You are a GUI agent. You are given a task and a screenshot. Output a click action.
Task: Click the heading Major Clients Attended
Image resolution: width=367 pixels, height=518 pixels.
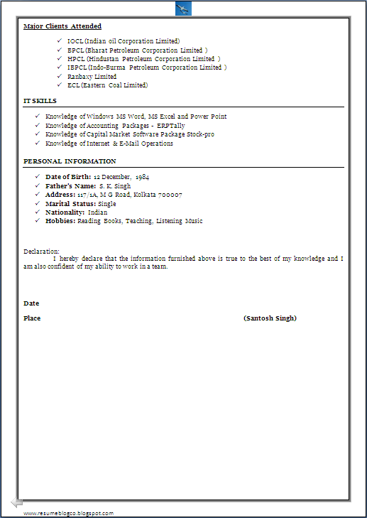tap(62, 26)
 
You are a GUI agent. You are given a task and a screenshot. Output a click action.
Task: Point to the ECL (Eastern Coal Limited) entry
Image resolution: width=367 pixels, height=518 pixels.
tap(107, 85)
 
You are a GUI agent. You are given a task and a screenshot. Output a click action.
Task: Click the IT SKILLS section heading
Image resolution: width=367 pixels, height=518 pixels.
tap(40, 102)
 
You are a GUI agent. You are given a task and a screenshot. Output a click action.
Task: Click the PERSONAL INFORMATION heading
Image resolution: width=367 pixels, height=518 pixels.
tap(70, 162)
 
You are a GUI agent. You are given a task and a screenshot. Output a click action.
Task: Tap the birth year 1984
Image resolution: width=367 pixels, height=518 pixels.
tap(142, 177)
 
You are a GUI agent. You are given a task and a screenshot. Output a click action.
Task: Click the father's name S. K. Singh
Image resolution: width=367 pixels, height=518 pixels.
tap(115, 186)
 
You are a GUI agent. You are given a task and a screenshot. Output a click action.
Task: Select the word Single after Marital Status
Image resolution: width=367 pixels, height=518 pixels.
tap(107, 204)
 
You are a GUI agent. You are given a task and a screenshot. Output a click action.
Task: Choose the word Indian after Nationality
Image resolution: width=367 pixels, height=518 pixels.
tap(98, 212)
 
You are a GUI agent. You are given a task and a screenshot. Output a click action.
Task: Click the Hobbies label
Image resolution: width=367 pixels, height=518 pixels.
tap(60, 221)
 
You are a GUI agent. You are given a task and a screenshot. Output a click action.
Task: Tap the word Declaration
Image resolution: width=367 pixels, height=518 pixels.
tap(41, 252)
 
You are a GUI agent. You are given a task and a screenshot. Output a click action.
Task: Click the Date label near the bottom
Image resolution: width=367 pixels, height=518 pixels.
tap(31, 303)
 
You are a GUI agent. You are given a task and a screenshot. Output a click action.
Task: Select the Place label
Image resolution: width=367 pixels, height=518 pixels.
tap(32, 318)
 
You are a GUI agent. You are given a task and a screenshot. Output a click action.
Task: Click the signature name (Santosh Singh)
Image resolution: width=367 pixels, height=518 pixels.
tap(270, 318)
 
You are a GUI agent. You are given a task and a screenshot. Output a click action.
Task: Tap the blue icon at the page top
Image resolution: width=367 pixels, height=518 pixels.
tap(183, 8)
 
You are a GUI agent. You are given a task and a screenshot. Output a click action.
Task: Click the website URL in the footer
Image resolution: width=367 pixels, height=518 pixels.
tap(68, 513)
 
